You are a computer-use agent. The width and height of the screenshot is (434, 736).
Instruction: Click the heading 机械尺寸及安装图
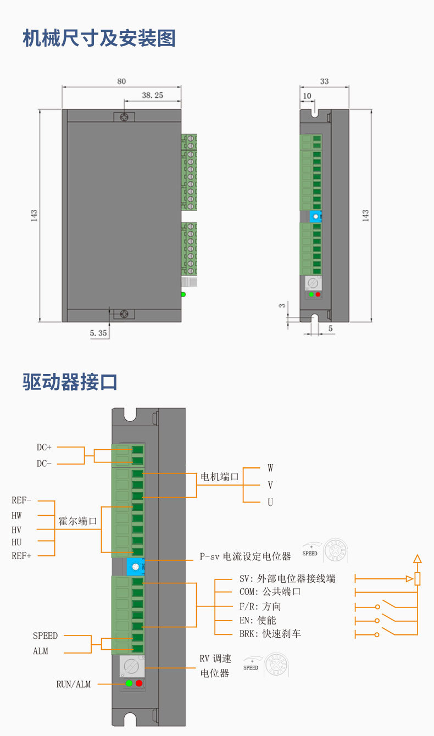[99, 39]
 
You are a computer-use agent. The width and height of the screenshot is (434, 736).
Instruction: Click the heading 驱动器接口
[70, 382]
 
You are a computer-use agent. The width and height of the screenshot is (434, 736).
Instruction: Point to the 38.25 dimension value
[152, 95]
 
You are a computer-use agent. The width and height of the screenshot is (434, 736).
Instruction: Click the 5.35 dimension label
[98, 333]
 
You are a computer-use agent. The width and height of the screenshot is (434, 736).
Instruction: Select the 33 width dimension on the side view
[324, 81]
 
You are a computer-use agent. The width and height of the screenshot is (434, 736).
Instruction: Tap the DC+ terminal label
[44, 448]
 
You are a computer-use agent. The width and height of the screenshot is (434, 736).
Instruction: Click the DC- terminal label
[44, 464]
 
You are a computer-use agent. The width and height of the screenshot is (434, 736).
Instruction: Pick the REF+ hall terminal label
[22, 556]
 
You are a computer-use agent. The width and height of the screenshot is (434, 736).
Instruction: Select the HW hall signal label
[16, 515]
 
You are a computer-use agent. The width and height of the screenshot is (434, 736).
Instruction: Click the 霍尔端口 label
[77, 521]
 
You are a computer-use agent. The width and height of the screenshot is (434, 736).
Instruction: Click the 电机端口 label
[219, 477]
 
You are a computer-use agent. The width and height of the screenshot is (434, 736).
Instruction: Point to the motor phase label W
[270, 468]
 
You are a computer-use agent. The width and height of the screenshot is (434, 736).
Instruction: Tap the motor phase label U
[270, 503]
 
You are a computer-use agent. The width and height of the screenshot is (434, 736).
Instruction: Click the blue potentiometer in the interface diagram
[135, 566]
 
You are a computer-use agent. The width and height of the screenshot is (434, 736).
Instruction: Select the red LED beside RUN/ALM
[139, 683]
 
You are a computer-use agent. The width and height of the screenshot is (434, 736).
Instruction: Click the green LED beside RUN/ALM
[129, 683]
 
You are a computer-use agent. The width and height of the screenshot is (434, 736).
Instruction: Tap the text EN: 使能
[258, 620]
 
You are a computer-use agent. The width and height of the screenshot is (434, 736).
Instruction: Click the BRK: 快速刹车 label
[270, 634]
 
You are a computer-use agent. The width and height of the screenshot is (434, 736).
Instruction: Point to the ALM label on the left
[40, 651]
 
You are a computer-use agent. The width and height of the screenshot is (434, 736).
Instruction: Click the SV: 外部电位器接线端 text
[287, 578]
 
